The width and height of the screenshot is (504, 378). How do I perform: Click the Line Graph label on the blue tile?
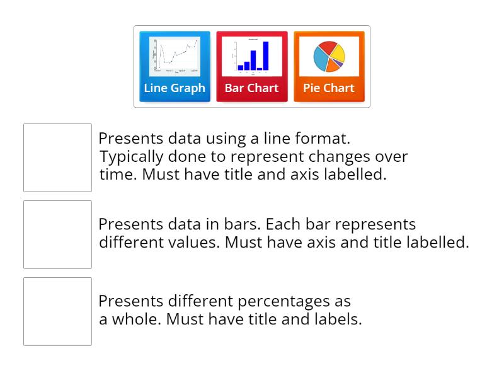coord(175,88)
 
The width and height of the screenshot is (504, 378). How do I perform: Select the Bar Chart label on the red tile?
coord(251,88)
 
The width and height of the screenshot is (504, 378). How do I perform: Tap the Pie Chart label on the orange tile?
coord(329,88)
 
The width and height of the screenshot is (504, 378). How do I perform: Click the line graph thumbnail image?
coord(175,57)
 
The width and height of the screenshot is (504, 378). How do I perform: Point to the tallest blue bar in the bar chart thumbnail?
coord(266,55)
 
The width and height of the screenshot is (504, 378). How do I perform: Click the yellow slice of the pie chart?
coord(337,52)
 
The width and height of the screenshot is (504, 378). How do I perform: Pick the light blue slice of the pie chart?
coord(321,60)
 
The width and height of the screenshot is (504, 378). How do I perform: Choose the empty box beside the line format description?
coord(57,157)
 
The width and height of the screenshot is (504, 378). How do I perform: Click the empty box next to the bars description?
coord(57,234)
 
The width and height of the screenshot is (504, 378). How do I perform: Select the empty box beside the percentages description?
coord(57,311)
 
